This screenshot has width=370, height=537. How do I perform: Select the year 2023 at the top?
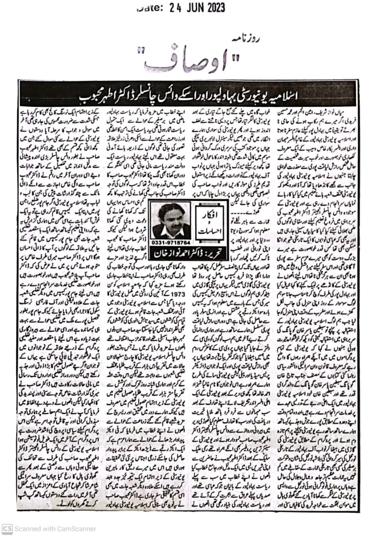(x=218, y=8)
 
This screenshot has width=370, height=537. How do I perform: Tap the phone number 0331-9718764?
(x=171, y=242)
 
